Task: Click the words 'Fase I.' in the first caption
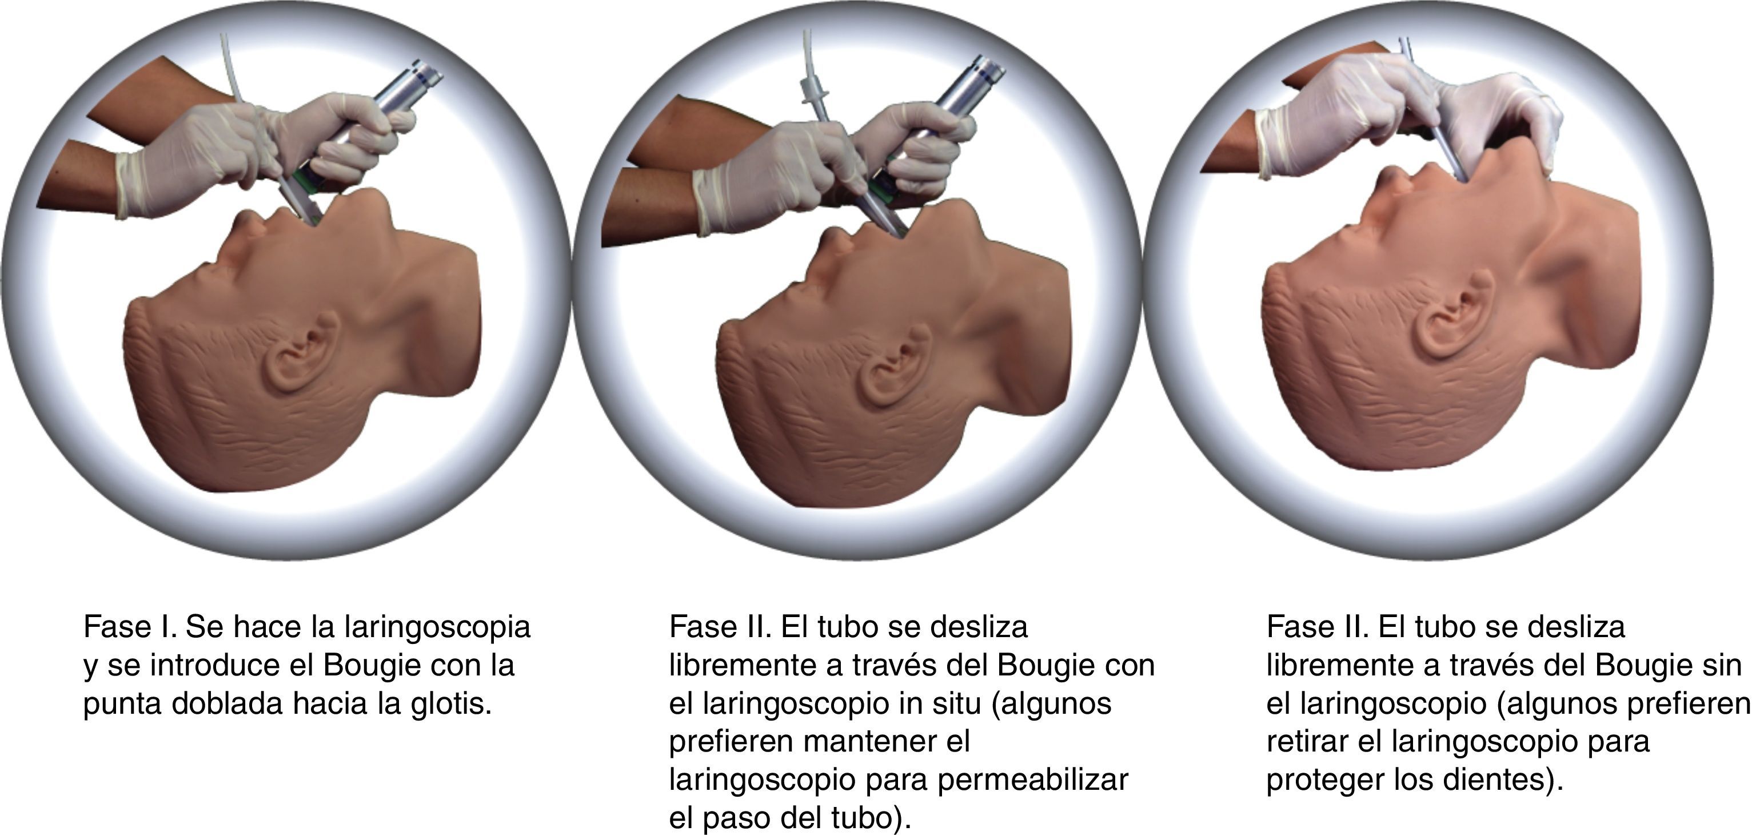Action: [x=130, y=627]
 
